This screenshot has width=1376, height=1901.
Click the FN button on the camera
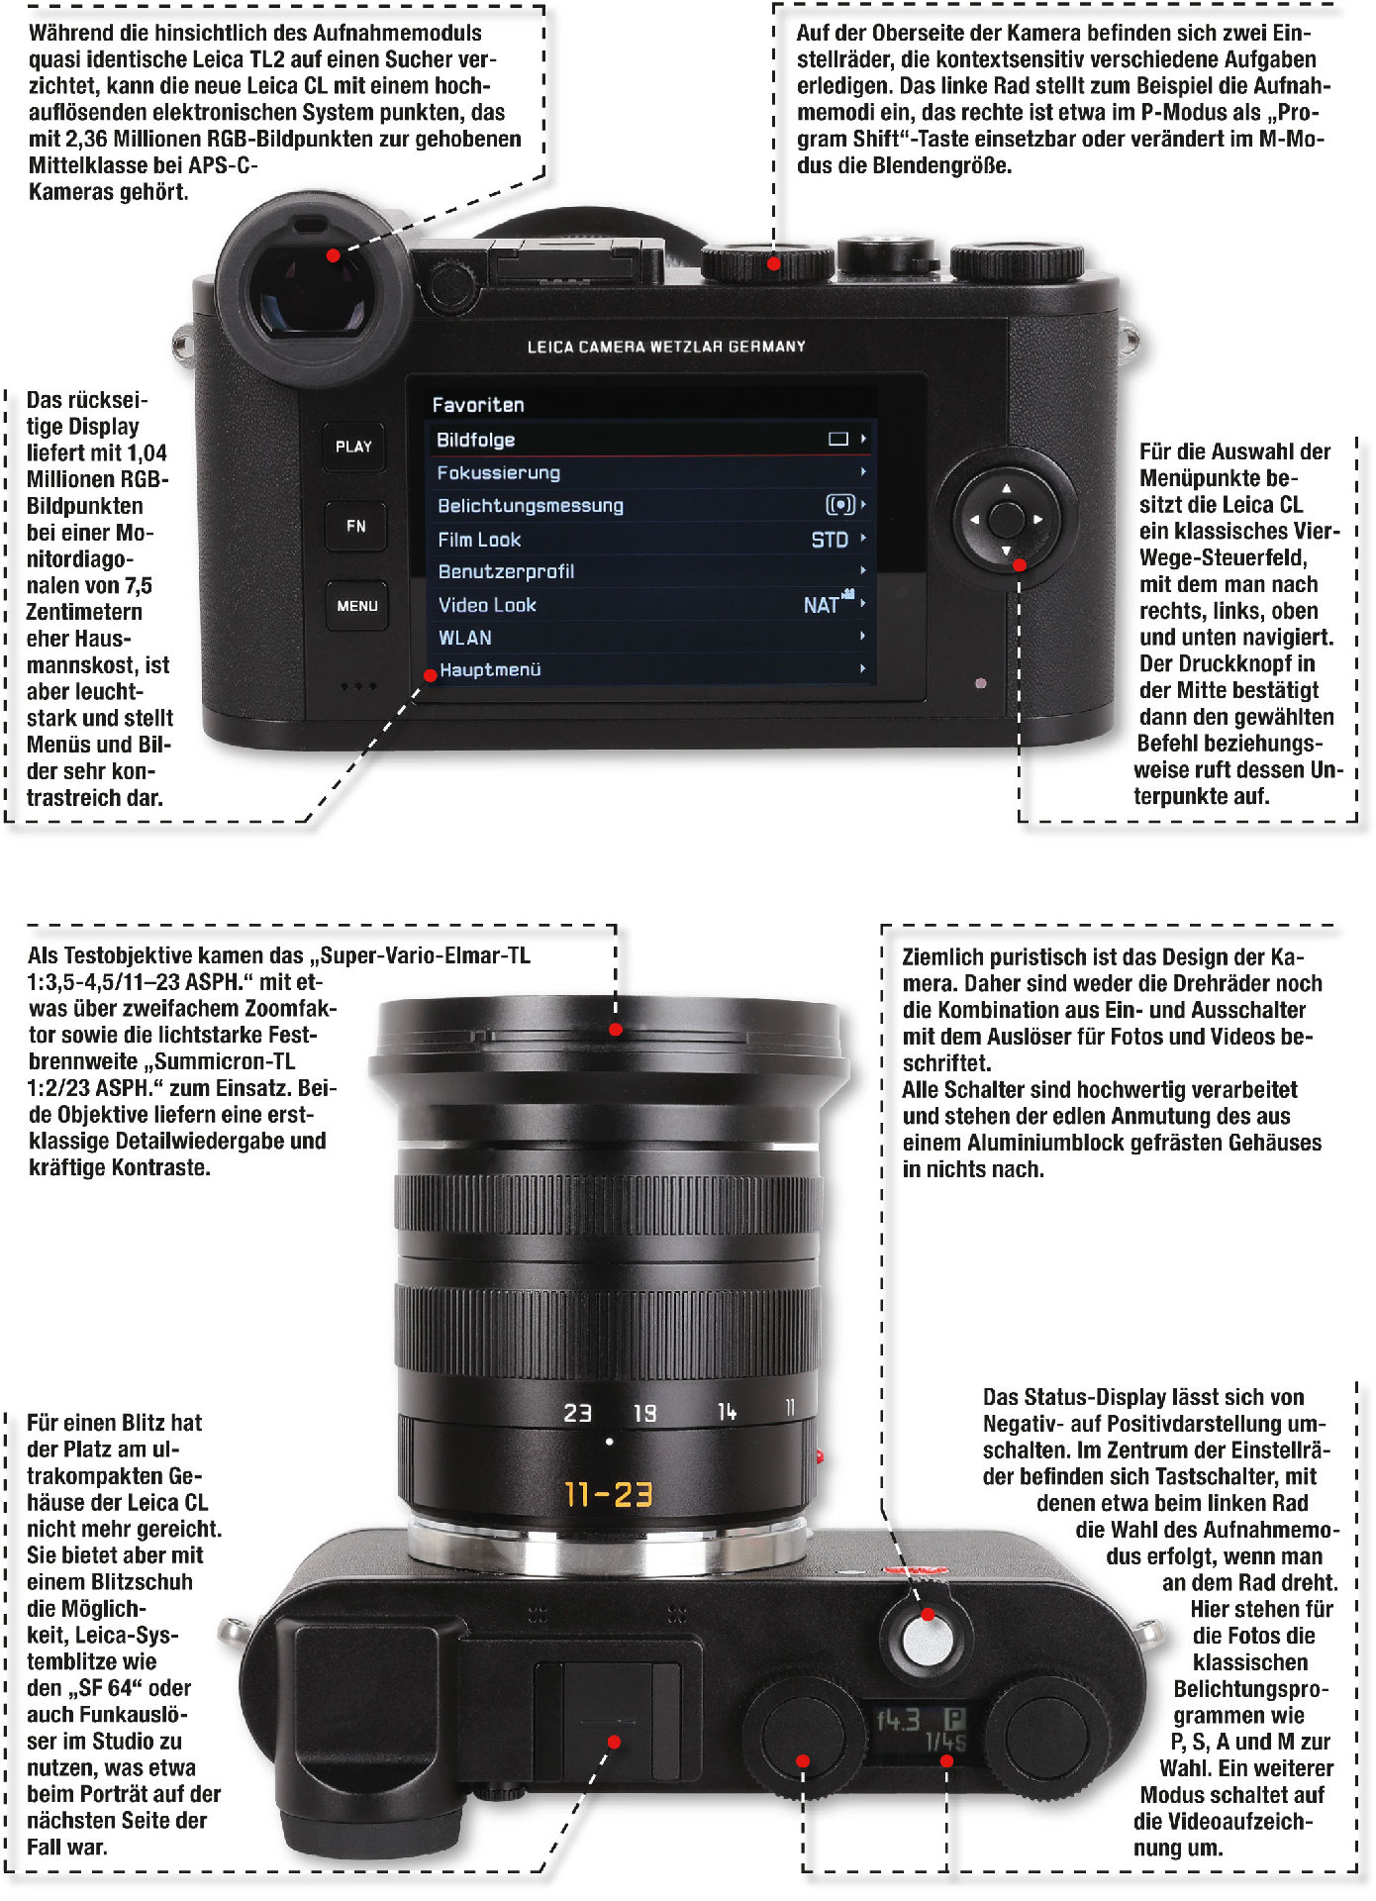pos(355,526)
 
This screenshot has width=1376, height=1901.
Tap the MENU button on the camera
pos(356,605)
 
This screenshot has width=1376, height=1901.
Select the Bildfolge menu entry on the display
pos(475,440)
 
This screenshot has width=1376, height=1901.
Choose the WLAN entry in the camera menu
pos(465,638)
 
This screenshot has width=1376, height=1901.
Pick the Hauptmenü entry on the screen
pos(490,670)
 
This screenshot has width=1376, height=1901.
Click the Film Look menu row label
pos(479,540)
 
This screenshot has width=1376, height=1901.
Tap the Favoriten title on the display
pos(478,405)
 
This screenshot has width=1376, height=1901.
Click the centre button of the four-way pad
pos(1006,519)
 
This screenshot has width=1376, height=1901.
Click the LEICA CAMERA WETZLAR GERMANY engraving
pos(666,347)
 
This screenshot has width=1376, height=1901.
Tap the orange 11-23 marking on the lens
pos(609,1494)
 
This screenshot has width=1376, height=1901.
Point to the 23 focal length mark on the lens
pos(577,1413)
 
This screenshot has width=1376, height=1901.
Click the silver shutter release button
pos(928,1641)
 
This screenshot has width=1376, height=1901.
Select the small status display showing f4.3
pos(922,1731)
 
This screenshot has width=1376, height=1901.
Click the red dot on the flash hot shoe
pos(614,1742)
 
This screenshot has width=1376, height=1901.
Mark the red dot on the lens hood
pos(616,1030)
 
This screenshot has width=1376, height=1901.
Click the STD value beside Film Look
pos(830,540)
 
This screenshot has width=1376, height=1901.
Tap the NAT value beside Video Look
pos(822,605)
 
